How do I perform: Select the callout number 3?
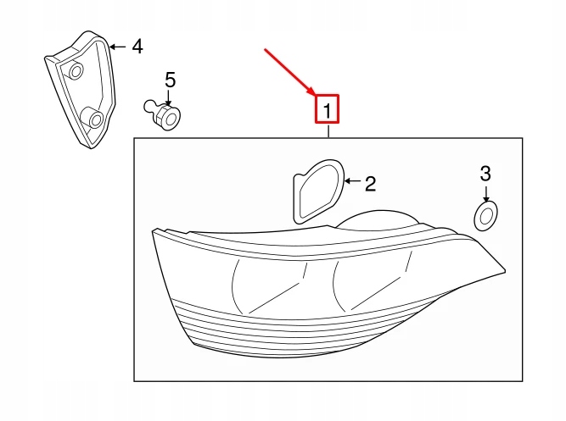[x=485, y=174]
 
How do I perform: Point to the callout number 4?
[x=137, y=46]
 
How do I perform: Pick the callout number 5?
[x=170, y=80]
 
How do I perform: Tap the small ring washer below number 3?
[x=485, y=216]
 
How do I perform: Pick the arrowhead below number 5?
[x=169, y=100]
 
